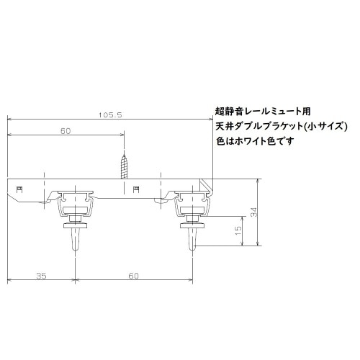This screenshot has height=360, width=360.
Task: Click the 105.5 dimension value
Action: tap(109, 114)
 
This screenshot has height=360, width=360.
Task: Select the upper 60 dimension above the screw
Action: tap(66, 131)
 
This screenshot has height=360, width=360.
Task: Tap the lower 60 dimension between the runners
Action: tap(133, 275)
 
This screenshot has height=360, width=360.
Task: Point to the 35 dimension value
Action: tap(40, 275)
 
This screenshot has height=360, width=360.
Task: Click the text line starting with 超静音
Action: tap(263, 112)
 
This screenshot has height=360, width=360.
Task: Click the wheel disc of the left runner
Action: tap(76, 225)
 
